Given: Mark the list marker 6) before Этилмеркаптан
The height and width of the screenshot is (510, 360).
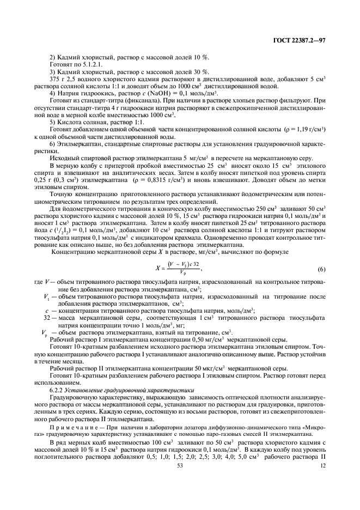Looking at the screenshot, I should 53,143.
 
